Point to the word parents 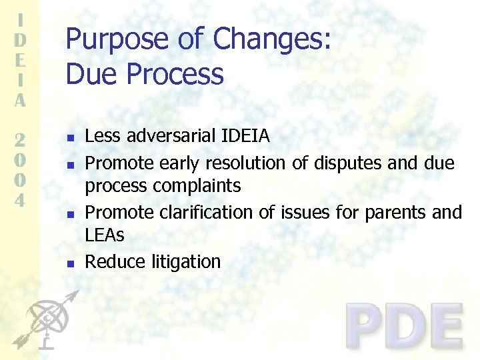(x=394, y=212)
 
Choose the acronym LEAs (x=105, y=235)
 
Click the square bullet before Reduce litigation (x=71, y=264)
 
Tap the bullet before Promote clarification (x=71, y=214)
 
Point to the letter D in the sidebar (x=21, y=39)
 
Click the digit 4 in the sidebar (x=21, y=201)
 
